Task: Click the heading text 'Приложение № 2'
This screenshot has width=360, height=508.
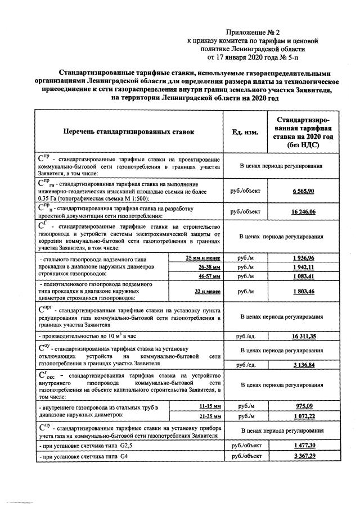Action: pyautogui.click(x=253, y=34)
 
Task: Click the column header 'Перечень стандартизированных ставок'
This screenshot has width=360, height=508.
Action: pyautogui.click(x=129, y=132)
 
